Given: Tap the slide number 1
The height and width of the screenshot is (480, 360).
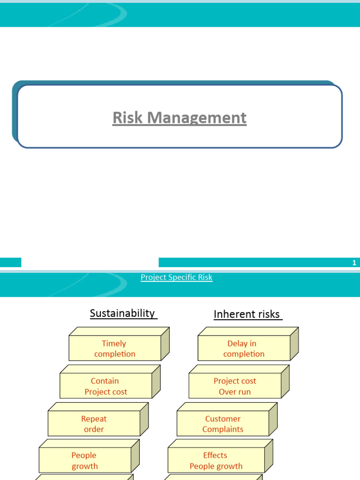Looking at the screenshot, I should [354, 263].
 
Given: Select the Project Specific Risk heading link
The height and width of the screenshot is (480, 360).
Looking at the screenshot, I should [177, 277].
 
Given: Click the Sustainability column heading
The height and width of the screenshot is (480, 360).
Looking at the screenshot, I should [122, 313].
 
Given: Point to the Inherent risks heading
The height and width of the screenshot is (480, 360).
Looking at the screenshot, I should [247, 314].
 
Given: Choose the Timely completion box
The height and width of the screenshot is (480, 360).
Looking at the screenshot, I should [115, 349].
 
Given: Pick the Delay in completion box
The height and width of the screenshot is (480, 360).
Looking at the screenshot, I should [244, 349].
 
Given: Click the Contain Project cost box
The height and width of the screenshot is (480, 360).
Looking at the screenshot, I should [106, 386].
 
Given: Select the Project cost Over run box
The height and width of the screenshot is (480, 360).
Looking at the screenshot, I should [235, 386].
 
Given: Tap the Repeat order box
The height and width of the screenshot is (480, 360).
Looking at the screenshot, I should [94, 424].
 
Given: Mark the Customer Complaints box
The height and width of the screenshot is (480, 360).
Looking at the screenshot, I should [223, 424].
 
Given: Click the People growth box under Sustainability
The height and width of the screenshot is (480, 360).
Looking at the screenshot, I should [84, 461].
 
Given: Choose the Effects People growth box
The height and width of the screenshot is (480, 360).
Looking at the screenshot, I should [216, 461].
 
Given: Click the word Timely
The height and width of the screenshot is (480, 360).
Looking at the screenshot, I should [114, 344].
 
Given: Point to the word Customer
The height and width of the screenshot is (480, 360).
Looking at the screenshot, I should [223, 419].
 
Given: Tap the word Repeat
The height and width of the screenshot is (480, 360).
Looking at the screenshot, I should [94, 419].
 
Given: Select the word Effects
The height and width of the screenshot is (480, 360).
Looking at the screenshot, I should [215, 455].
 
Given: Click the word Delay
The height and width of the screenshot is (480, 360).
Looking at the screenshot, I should [237, 344].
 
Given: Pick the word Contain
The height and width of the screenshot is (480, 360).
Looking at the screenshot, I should [105, 381].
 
